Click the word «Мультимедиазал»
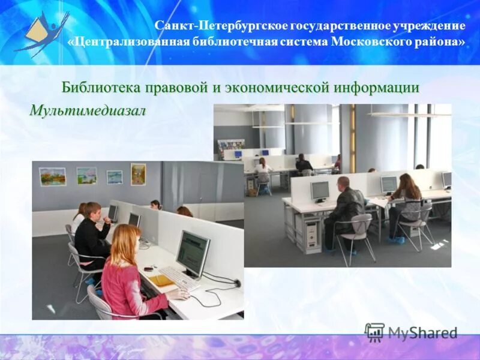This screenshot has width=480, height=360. pos(88,112)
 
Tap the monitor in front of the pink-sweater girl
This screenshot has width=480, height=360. pos(192,253)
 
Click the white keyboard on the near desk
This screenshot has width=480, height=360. pos(178,278)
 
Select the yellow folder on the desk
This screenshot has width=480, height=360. pos(161,281)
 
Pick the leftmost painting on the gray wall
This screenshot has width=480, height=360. pos(52,176)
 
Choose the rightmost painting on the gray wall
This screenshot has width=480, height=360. pos(138,174)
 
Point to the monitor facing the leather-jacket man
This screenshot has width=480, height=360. pos(320,191)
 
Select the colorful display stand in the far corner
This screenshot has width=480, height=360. pos(231,146)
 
